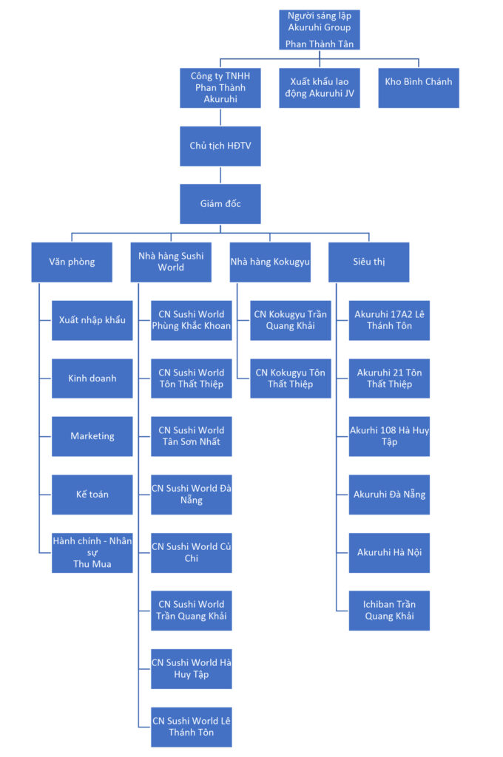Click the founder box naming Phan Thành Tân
coord(320,30)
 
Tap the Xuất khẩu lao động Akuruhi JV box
coord(320,88)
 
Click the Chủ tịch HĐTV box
coord(220,146)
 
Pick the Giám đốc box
coord(220,203)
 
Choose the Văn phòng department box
coord(72,262)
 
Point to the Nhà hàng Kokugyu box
coord(270,262)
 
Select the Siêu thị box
coord(368,262)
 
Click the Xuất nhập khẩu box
coord(92,320)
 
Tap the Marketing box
coord(92,436)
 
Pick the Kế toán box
coord(92,495)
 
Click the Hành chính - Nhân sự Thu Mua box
coord(92,552)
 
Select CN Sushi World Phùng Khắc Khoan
coord(191,320)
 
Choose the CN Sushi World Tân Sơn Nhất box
coord(191,436)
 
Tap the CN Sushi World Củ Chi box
coord(191,552)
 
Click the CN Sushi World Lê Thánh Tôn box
coord(191,727)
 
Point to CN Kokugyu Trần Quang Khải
coord(290,320)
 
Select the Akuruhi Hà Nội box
coord(389,552)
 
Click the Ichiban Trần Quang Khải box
coord(389,611)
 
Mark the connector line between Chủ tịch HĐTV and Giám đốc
coord(220,174)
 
